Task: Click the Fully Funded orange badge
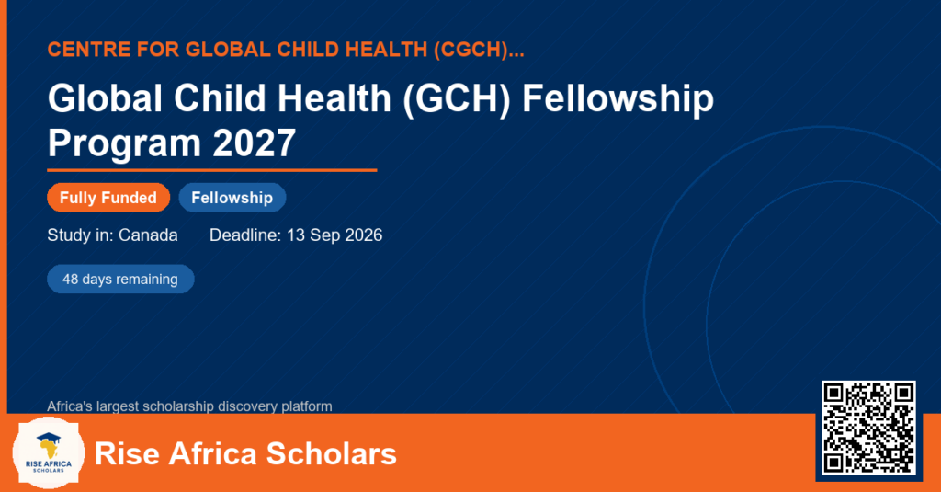coord(108,198)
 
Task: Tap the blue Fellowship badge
coord(232,198)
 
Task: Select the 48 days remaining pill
coord(120,280)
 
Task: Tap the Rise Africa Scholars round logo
coord(49,453)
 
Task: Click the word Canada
coord(148,235)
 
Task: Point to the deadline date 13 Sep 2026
coord(334,235)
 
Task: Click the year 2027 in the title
coord(254,143)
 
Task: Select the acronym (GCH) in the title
coord(456,98)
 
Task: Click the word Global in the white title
coord(105,97)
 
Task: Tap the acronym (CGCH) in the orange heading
coord(471,50)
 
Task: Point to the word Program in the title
coord(124,144)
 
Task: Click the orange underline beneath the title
coord(212,171)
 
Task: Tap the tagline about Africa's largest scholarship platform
coord(189,406)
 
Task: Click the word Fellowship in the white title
coord(618,99)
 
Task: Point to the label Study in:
coord(81,235)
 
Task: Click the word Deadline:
coord(245,235)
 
